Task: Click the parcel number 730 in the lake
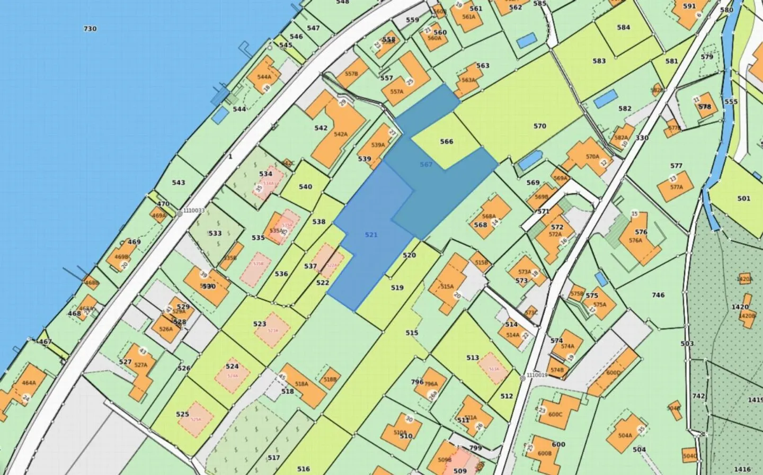pyautogui.click(x=90, y=29)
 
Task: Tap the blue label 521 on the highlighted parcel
pyautogui.click(x=371, y=235)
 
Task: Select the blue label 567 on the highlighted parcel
pyautogui.click(x=426, y=165)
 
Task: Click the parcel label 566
pyautogui.click(x=447, y=141)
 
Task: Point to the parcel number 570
pyautogui.click(x=539, y=126)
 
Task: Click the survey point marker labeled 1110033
pyautogui.click(x=180, y=213)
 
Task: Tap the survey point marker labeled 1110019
pyautogui.click(x=522, y=378)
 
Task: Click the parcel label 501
pyautogui.click(x=743, y=199)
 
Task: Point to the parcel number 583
pyautogui.click(x=599, y=61)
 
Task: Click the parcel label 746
pyautogui.click(x=658, y=295)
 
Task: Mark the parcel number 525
pyautogui.click(x=182, y=414)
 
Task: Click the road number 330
pyautogui.click(x=642, y=138)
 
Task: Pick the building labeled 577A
pyautogui.click(x=677, y=186)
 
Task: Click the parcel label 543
pyautogui.click(x=179, y=183)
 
